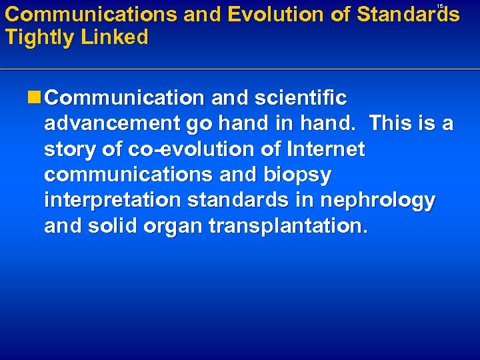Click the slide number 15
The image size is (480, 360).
pos(440,5)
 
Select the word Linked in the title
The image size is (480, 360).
pos(115,38)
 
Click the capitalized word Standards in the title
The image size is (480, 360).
pos(408,15)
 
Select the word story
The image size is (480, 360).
pos(71,149)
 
